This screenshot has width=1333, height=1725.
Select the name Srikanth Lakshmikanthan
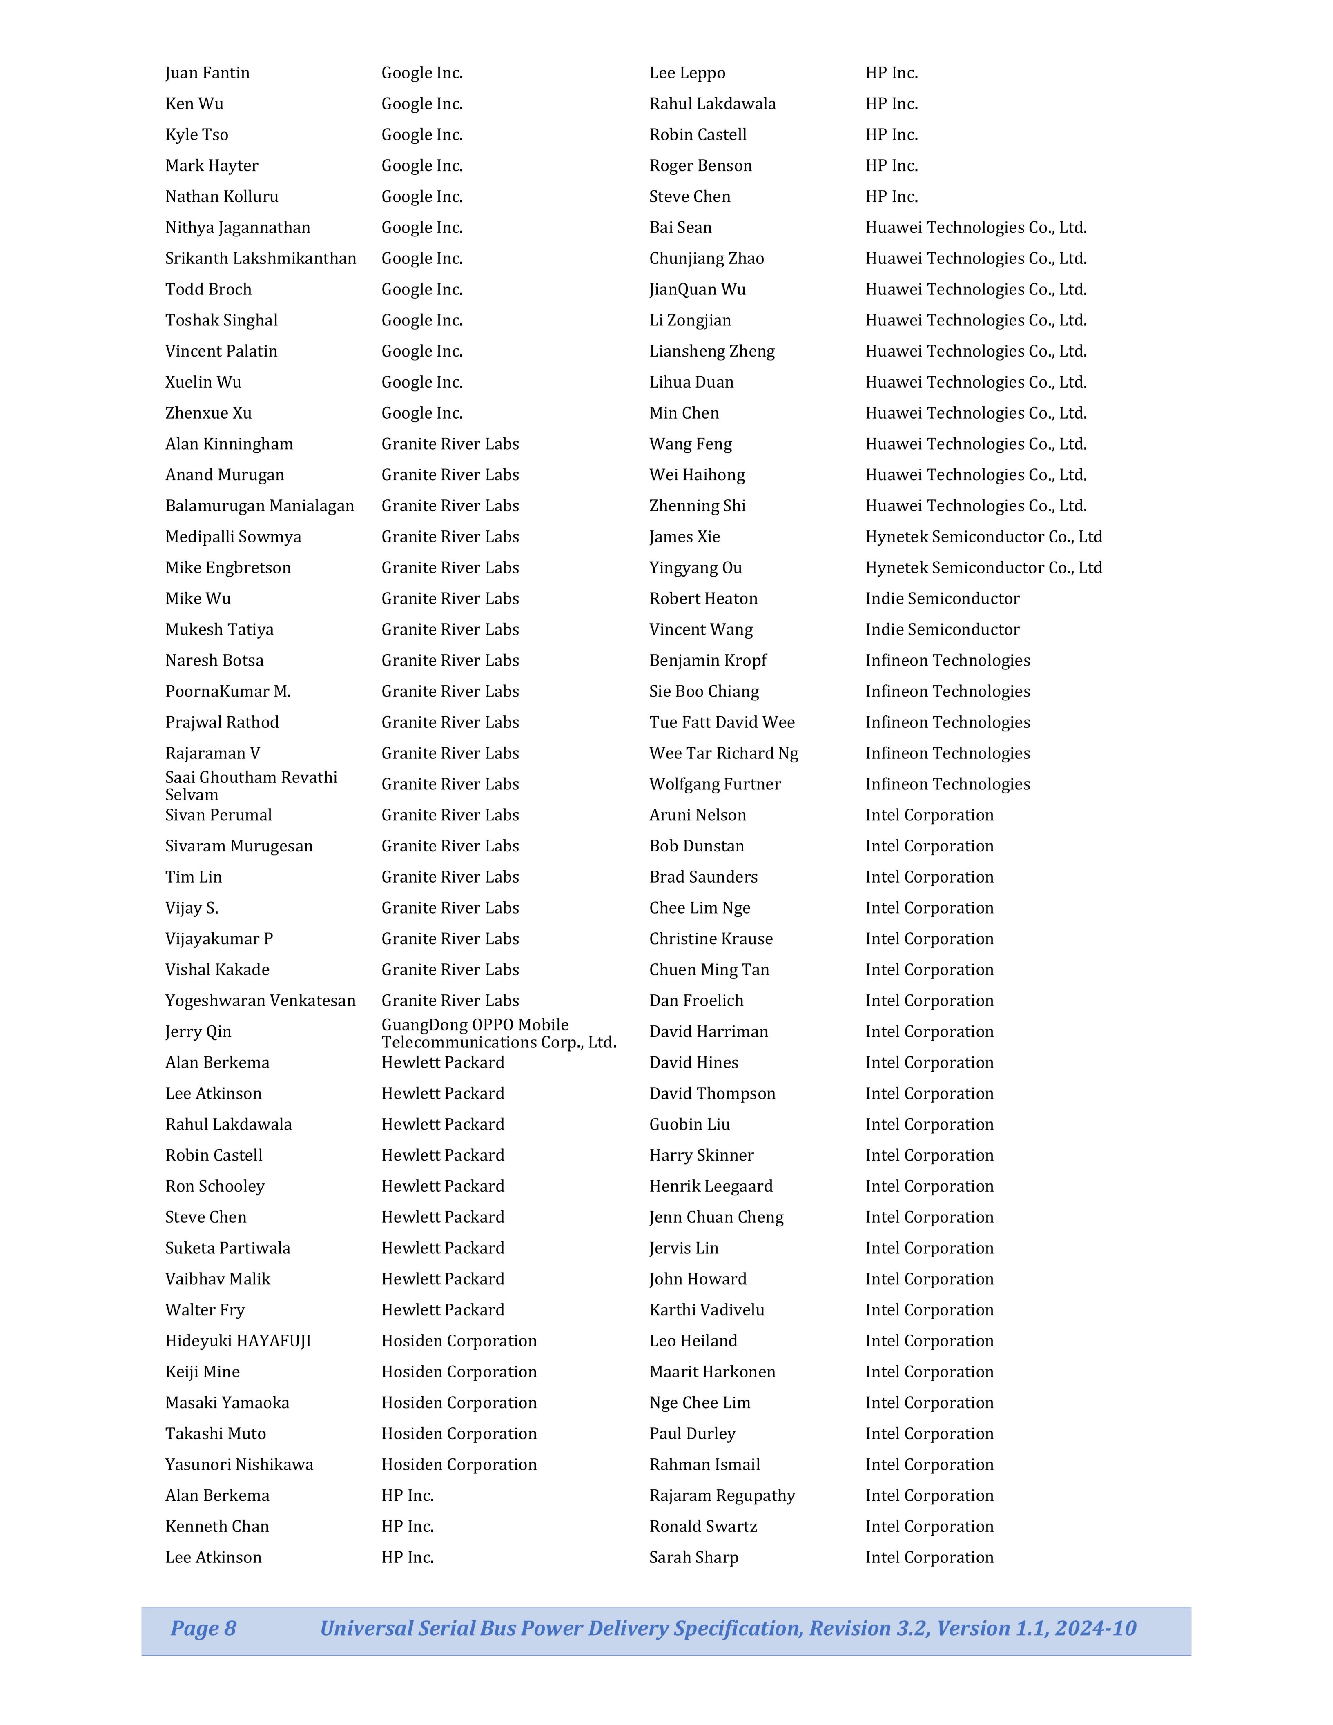pyautogui.click(x=261, y=258)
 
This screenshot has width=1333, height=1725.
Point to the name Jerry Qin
pyautogui.click(x=198, y=1032)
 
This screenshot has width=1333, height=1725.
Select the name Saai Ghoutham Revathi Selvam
pyautogui.click(x=251, y=786)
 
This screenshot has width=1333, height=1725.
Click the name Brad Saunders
pyautogui.click(x=703, y=877)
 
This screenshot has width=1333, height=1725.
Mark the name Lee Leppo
pyautogui.click(x=687, y=73)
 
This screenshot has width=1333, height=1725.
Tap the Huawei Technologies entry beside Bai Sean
pyautogui.click(x=976, y=227)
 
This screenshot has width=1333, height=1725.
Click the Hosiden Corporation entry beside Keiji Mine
pyautogui.click(x=459, y=1371)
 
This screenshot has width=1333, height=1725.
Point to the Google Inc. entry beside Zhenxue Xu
pyautogui.click(x=422, y=413)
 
